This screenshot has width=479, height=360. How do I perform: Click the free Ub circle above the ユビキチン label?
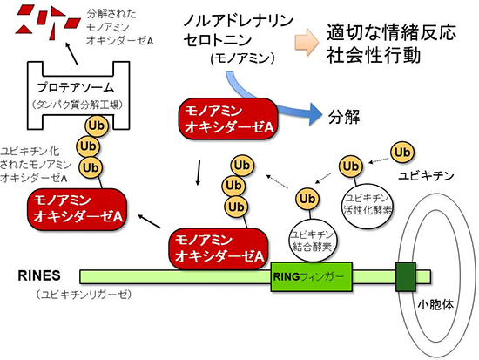401,152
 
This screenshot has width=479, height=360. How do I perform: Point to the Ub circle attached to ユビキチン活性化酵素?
350,166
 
